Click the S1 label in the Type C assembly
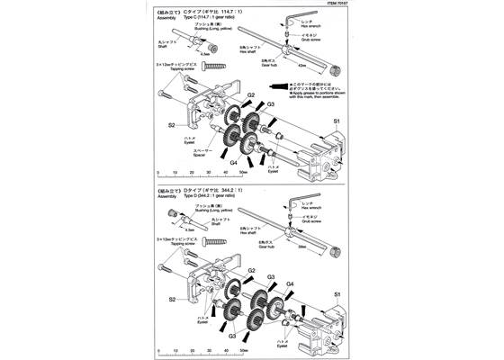pos(337,119)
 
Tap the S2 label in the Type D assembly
pos(171,298)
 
